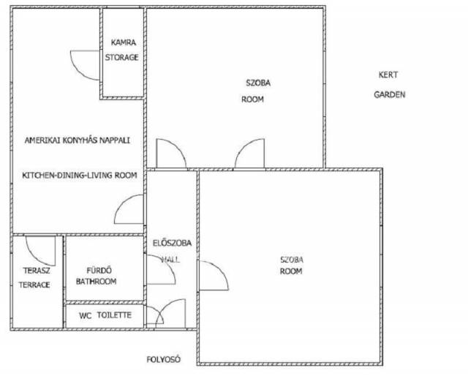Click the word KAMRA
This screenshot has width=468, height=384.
point(124,42)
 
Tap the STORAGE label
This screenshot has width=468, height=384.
point(122,57)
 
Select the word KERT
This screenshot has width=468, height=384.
point(388,75)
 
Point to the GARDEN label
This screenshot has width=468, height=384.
point(390,94)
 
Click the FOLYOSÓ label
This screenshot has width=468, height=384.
point(164,359)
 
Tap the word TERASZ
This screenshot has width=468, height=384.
point(37,271)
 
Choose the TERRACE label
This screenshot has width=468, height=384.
point(34,285)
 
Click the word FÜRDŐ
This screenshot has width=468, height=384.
point(99,270)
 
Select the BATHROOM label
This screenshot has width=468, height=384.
point(96,282)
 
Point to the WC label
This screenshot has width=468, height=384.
point(86,316)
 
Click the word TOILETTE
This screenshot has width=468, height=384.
point(114,315)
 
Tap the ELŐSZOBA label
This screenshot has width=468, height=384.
point(172,243)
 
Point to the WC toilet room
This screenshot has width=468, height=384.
point(105,316)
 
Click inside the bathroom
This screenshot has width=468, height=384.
point(105,268)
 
